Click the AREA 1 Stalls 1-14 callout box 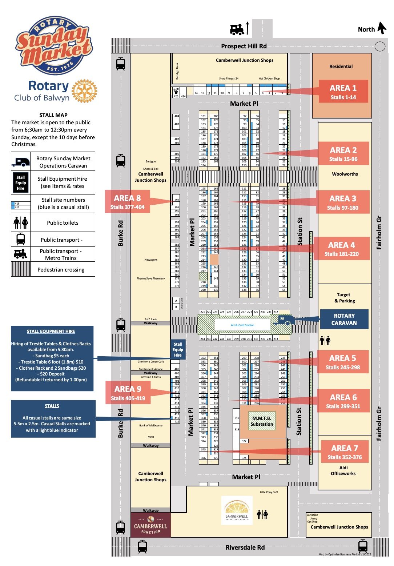pos(343,92)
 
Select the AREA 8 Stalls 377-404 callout pos(127,202)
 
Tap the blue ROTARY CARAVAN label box pos(344,319)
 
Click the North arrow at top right pos(382,28)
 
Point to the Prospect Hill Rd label pos(244,46)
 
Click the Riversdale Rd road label pos(245,547)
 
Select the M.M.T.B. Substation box pos(262,421)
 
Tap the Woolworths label pos(345,174)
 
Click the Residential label pos(341,67)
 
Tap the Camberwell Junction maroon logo pos(150,525)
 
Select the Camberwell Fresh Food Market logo pos(237,510)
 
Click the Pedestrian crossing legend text pos(61,270)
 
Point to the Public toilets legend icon pos(21,223)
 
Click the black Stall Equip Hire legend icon pos(21,182)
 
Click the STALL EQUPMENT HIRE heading pos(51,332)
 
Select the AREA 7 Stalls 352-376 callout pos(345,452)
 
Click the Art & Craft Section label pos(242,325)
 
